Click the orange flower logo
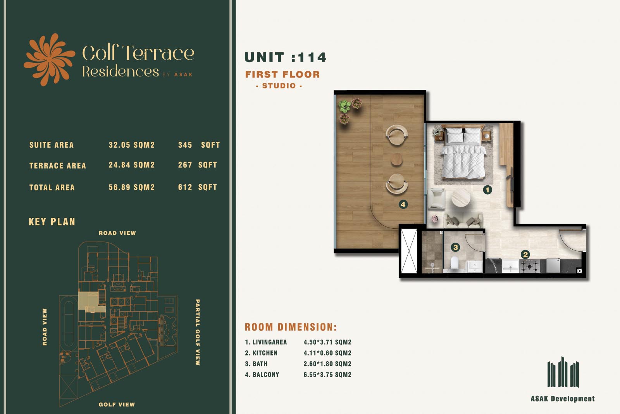(x=49, y=60)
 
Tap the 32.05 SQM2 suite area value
(x=132, y=145)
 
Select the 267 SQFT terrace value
(x=198, y=165)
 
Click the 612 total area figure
(x=185, y=187)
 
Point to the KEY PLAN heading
(x=52, y=222)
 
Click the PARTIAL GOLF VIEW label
(x=198, y=332)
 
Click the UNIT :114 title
(x=285, y=57)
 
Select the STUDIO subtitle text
(x=279, y=86)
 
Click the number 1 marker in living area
(x=487, y=190)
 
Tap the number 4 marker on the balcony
(x=403, y=205)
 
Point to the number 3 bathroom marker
(x=455, y=247)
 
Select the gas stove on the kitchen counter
(x=529, y=266)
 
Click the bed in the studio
(x=463, y=152)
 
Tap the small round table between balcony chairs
(x=396, y=159)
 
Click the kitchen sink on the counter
(x=510, y=266)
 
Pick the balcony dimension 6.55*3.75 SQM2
(x=327, y=375)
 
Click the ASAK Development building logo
(x=563, y=372)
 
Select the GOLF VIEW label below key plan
(x=117, y=405)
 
